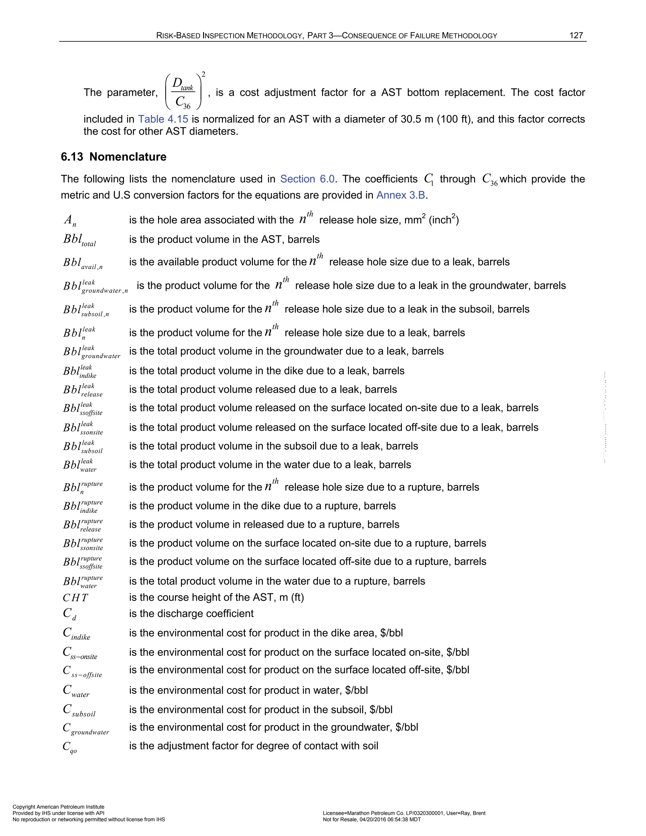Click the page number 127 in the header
(576, 36)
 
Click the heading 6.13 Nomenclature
(114, 157)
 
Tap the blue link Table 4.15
(163, 119)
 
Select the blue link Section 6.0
(307, 179)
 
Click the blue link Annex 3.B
(401, 195)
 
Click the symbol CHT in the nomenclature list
(75, 598)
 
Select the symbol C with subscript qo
(70, 747)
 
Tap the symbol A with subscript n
(70, 221)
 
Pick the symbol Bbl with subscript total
(79, 240)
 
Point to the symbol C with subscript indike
(76, 633)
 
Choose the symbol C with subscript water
(76, 691)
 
